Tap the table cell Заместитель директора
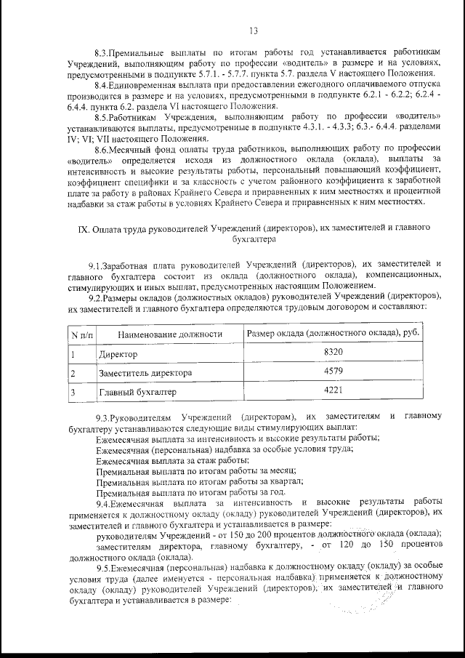pyautogui.click(x=145, y=374)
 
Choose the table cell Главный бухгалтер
pyautogui.click(x=137, y=393)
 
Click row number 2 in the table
pyautogui.click(x=73, y=374)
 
